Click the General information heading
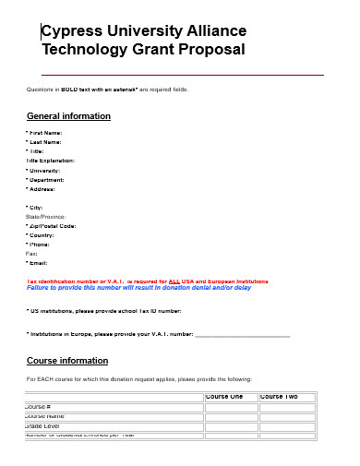(68, 116)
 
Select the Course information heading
(67, 360)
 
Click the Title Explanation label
(50, 161)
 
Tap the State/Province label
(46, 216)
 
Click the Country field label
(42, 234)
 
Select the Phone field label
(40, 244)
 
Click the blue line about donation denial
(138, 288)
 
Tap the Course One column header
(224, 397)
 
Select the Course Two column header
(280, 397)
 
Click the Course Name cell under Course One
(230, 416)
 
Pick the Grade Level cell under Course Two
(287, 426)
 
